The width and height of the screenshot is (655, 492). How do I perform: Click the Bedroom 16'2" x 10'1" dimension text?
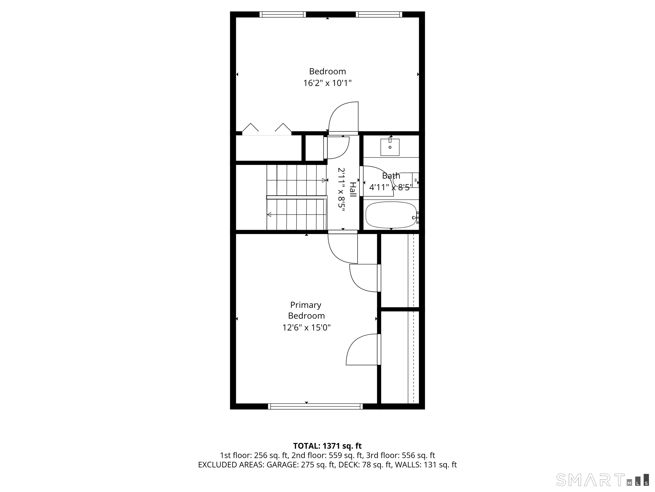[327, 83]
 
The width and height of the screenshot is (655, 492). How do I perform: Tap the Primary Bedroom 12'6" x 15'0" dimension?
[306, 328]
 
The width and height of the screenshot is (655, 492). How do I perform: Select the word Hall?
[353, 189]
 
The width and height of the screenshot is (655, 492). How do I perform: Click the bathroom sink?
[390, 147]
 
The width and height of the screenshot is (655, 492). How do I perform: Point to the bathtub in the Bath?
[391, 215]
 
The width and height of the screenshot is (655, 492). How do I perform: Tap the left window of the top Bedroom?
[282, 14]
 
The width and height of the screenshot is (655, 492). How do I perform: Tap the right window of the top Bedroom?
[379, 14]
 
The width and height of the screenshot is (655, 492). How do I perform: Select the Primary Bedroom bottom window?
[315, 407]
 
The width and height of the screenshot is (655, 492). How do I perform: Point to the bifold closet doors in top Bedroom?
[266, 129]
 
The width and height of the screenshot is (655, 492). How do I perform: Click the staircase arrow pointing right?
[324, 180]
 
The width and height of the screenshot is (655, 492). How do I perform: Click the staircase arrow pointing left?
[269, 214]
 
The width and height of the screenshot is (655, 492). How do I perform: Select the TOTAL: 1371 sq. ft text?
[327, 446]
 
